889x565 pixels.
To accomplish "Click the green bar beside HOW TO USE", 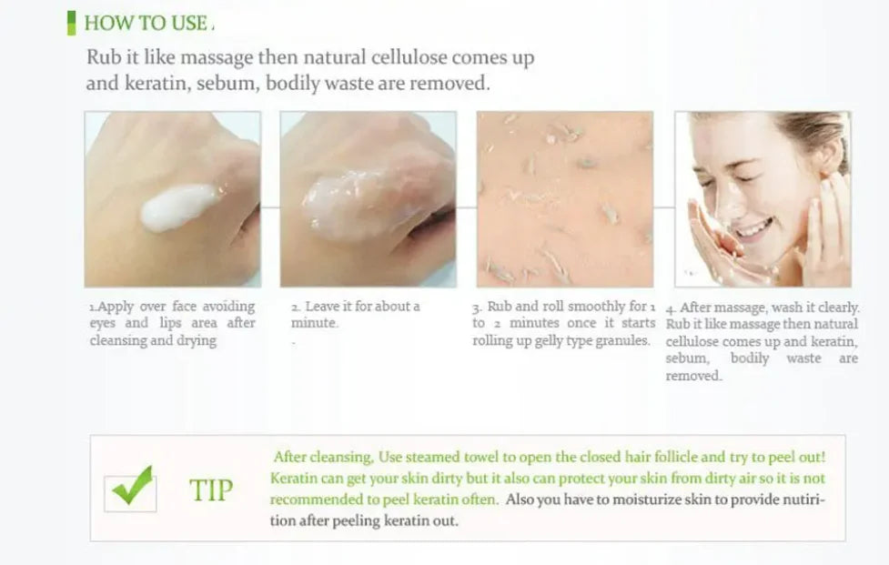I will pyautogui.click(x=71, y=23).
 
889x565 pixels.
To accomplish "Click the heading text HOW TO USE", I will pyautogui.click(x=146, y=24).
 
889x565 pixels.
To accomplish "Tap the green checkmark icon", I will pyautogui.click(x=132, y=489).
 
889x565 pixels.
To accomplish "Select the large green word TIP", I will pyautogui.click(x=211, y=490).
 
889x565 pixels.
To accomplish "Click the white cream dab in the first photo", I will pyautogui.click(x=178, y=207).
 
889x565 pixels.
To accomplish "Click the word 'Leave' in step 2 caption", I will pyautogui.click(x=322, y=307).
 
